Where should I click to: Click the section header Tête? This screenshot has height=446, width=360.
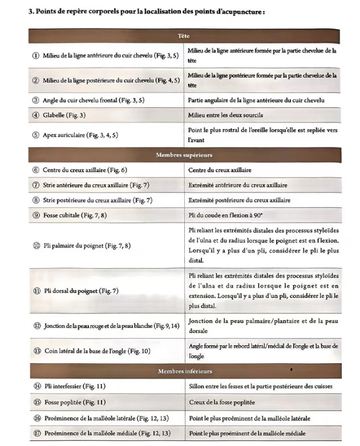(184, 35)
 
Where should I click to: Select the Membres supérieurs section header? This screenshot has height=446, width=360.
(184, 155)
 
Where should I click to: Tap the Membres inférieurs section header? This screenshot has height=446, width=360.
(184, 372)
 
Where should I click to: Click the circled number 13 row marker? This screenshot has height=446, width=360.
(35, 351)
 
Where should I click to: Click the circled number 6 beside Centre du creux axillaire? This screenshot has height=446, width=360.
(35, 170)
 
